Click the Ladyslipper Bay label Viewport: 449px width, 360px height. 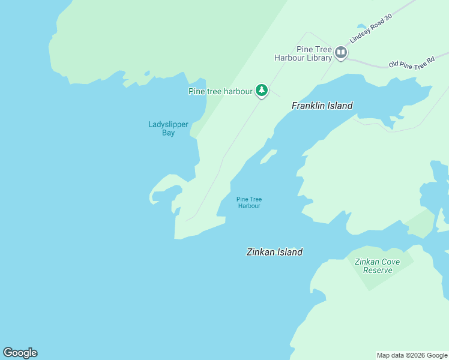point(168,128)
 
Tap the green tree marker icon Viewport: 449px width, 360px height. point(261,91)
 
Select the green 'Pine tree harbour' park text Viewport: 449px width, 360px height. point(220,91)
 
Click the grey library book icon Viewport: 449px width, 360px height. point(341,53)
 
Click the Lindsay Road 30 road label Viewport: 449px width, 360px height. point(370,28)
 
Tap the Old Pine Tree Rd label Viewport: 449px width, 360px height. point(411,62)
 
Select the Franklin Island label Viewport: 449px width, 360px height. point(322,106)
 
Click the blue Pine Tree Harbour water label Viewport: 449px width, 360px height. point(249,202)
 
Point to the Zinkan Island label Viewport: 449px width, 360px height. point(274,252)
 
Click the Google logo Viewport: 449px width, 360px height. point(20,353)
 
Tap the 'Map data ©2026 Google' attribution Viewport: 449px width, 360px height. point(412,355)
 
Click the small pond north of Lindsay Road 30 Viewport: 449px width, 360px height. point(361,26)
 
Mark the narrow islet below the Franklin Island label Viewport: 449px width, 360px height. point(268,157)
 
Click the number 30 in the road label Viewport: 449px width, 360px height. point(388,18)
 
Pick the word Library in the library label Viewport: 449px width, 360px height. point(318,58)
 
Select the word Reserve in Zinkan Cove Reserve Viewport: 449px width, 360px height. point(378,270)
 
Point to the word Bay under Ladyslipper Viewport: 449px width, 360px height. point(168,133)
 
